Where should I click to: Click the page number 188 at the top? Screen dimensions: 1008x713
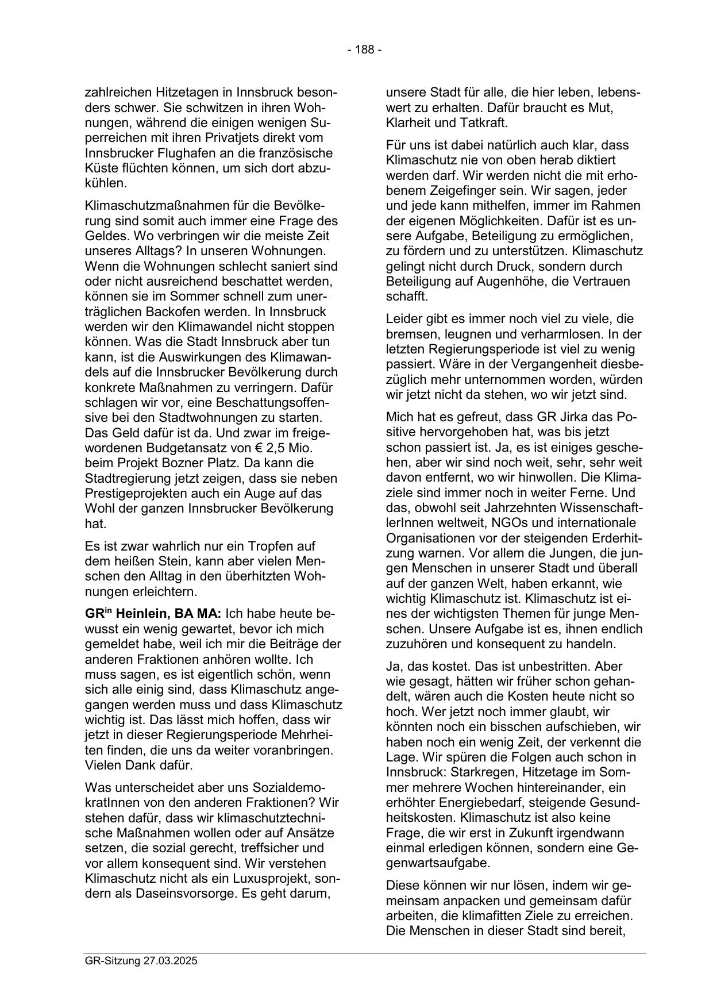(364, 50)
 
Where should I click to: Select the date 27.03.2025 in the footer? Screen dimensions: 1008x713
(170, 960)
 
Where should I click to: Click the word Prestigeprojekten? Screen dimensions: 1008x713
(133, 493)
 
